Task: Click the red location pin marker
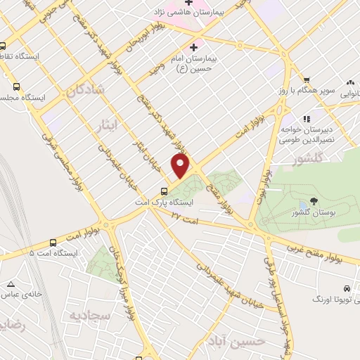(181, 166)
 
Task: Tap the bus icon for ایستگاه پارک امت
(164, 191)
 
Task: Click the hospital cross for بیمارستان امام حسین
(193, 48)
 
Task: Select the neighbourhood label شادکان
(90, 91)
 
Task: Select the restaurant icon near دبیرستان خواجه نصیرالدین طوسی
(306, 118)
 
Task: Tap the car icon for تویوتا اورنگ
(347, 289)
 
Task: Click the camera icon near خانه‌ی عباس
(11, 285)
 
